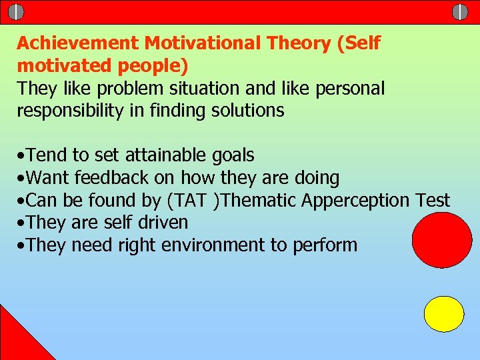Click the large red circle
tap(442, 240)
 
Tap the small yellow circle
tap(444, 314)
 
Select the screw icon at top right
tap(460, 11)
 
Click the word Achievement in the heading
tap(79, 43)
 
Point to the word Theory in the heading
tap(299, 43)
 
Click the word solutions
tap(246, 111)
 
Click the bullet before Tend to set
tap(22, 156)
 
